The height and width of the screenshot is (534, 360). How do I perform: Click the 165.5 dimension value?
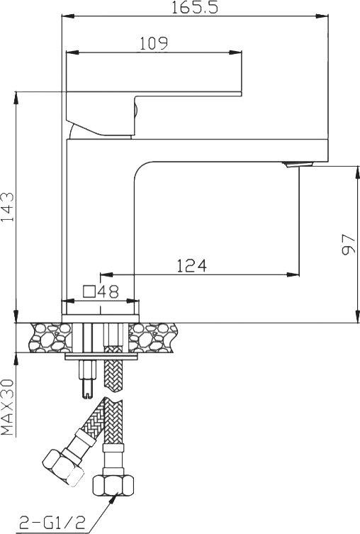click(x=194, y=7)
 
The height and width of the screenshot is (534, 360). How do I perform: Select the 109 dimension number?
click(x=154, y=43)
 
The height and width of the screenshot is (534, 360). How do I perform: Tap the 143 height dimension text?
click(x=8, y=206)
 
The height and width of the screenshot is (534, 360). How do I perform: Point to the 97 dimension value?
click(x=348, y=244)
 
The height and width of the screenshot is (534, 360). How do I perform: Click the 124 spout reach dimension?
click(x=191, y=266)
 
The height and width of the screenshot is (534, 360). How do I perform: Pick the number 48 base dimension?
click(x=108, y=291)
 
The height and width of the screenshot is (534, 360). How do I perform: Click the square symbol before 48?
click(x=89, y=292)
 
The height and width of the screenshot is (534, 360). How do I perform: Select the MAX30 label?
click(x=8, y=407)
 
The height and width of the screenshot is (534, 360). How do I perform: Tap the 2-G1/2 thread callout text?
click(x=52, y=522)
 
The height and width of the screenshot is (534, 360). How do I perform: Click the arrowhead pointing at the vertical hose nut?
click(x=114, y=498)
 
